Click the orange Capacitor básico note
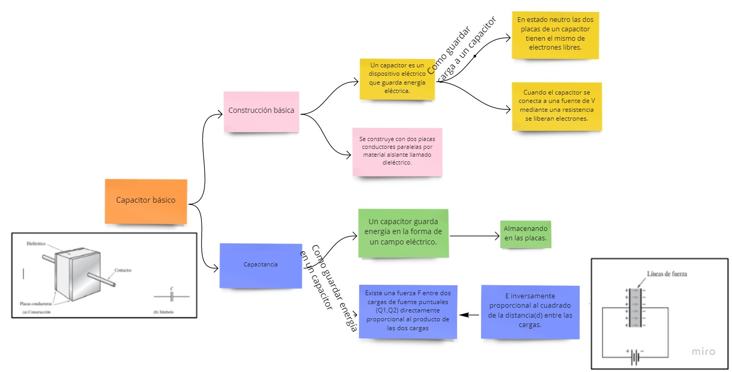(146, 201)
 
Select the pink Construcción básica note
(261, 111)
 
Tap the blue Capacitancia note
(260, 265)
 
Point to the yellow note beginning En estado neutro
(555, 34)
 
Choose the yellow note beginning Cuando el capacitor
(556, 106)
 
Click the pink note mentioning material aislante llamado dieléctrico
(397, 151)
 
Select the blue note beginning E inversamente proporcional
(530, 310)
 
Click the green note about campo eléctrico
(403, 233)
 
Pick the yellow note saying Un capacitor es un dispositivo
(397, 79)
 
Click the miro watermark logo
(703, 352)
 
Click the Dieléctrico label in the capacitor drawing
(37, 244)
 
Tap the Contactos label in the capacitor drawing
(123, 271)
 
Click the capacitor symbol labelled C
(171, 296)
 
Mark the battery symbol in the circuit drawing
(635, 357)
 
